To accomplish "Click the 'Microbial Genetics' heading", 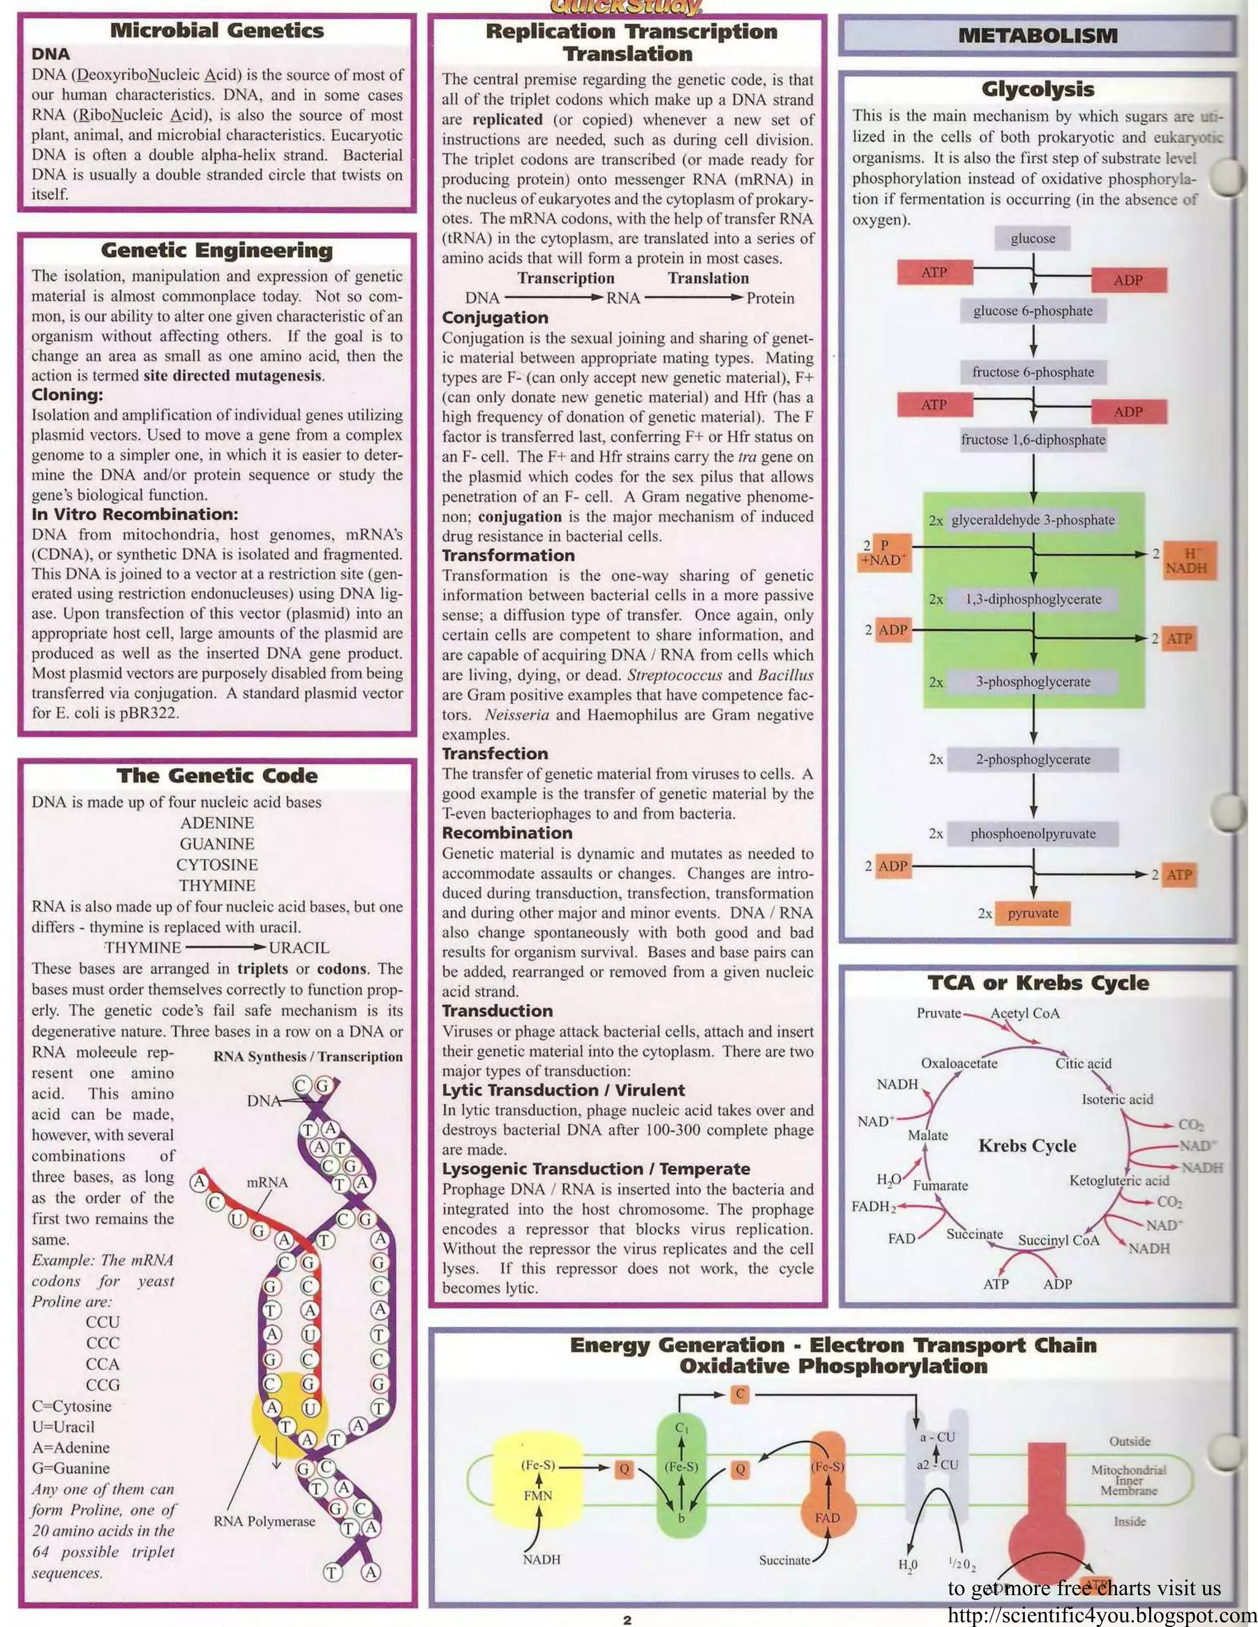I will pos(217,31).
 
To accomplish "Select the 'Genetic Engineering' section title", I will pos(217,250).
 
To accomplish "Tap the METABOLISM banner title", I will pos(1037,35).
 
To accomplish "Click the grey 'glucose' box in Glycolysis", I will pos(1033,238).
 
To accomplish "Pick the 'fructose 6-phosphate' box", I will pos(1033,371).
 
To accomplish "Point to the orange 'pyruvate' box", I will pos(1033,914).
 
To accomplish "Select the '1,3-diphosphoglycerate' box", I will pos(1033,599).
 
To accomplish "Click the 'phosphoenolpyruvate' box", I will pos(1033,834).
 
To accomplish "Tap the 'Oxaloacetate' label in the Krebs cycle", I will pos(959,1063).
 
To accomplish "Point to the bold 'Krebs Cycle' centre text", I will pos(1027,1146).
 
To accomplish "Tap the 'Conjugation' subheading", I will pos(495,317).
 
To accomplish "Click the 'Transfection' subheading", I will pos(495,754).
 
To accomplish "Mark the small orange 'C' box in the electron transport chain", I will pos(740,1394).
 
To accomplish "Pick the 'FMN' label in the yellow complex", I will pos(537,1495).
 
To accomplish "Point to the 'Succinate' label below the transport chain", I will pos(784,1560).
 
